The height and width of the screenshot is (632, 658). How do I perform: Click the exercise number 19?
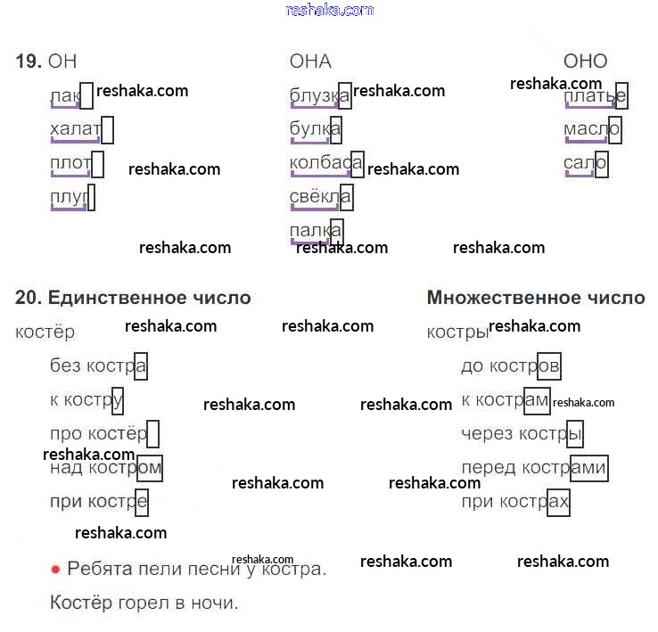tap(28, 61)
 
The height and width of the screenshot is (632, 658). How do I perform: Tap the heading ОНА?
tap(310, 61)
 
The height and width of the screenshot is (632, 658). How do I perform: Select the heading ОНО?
tap(585, 61)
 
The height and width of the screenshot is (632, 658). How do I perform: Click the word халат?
tap(76, 130)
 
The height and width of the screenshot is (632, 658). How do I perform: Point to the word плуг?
tap(70, 197)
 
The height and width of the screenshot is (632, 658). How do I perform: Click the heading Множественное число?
tap(536, 298)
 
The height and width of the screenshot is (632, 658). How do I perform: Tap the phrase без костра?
tap(98, 365)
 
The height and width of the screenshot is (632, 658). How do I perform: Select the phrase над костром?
tap(105, 468)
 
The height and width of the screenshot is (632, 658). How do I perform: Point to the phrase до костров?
tap(510, 365)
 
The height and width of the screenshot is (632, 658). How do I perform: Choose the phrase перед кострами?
tap(533, 468)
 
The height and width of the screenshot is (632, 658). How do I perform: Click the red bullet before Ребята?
tap(55, 569)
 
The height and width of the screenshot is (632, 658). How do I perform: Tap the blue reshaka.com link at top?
tap(329, 10)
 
